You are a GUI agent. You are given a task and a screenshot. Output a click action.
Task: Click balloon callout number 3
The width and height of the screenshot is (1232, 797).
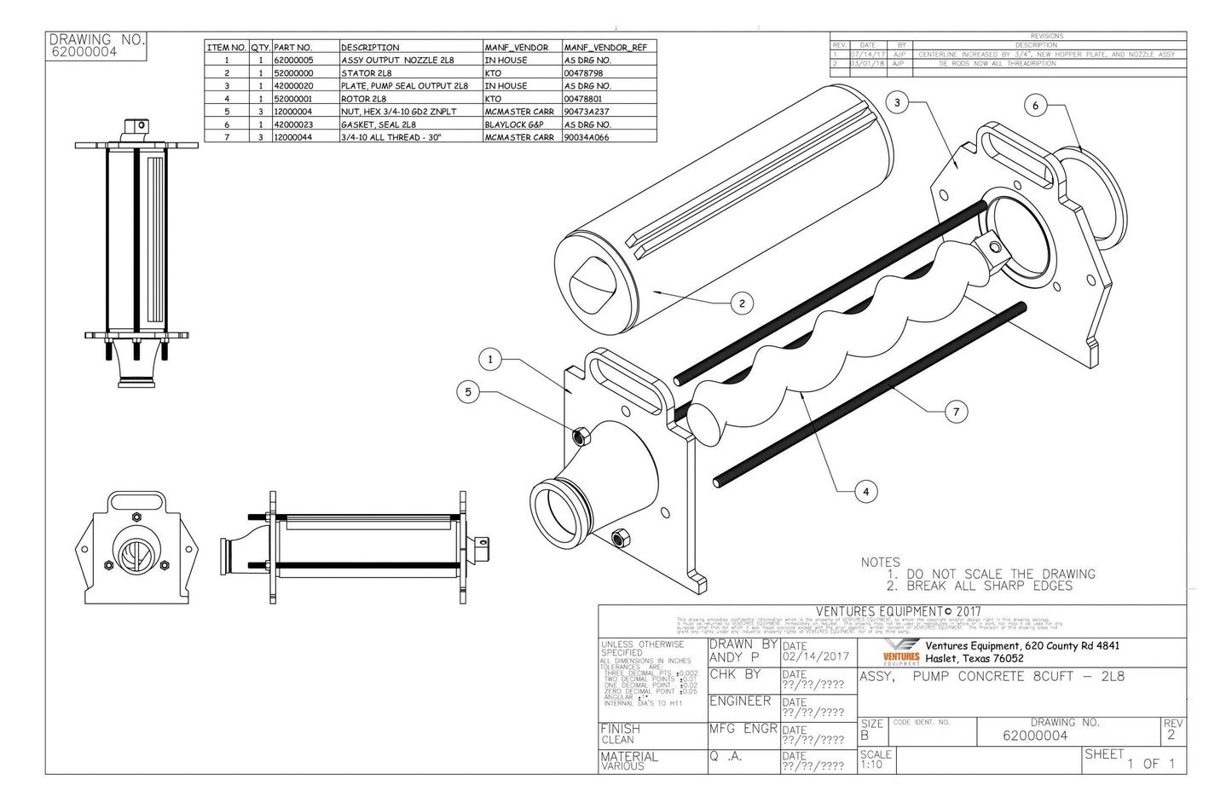[896, 103]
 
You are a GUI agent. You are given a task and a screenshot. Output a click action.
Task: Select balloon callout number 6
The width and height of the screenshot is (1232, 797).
[1035, 106]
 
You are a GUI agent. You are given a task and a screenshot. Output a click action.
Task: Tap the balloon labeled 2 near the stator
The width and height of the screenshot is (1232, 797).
[742, 303]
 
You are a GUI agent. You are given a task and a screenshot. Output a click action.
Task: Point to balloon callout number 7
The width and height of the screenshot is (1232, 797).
[956, 412]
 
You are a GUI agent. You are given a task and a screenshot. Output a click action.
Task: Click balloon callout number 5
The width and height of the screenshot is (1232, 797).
[467, 392]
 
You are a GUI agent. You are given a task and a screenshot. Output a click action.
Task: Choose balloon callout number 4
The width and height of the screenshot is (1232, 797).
[865, 491]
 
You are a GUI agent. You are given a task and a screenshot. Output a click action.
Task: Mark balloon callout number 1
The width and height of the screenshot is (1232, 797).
[490, 360]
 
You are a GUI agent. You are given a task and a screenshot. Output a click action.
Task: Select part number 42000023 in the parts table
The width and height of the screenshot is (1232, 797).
[292, 124]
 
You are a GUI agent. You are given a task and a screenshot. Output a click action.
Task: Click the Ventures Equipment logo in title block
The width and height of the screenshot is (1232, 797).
[901, 652]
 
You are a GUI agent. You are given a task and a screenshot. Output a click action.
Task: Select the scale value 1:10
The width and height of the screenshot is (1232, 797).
[871, 765]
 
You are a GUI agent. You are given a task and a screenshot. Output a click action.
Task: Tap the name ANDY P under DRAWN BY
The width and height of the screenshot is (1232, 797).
[735, 657]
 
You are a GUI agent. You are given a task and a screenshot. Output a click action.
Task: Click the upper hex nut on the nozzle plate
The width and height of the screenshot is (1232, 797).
[577, 436]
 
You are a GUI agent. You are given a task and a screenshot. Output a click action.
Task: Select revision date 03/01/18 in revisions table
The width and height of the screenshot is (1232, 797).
[868, 64]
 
